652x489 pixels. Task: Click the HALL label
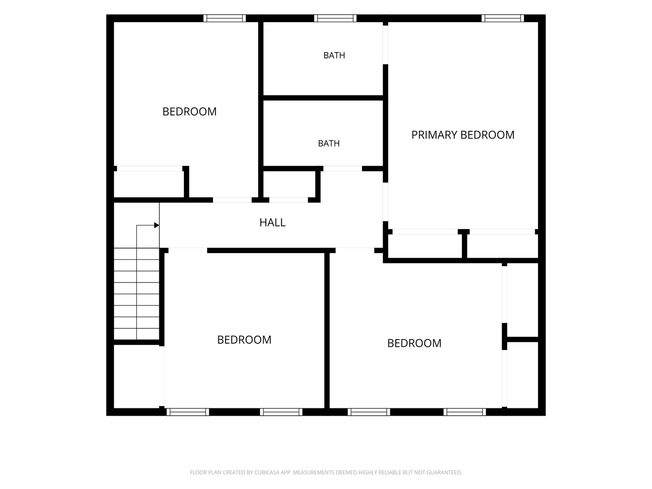(273, 222)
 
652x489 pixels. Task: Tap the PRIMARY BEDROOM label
(463, 135)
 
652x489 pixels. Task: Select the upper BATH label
(334, 56)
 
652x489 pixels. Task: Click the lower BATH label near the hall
(329, 144)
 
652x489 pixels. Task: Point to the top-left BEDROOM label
(190, 112)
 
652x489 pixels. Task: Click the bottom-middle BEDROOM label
(244, 340)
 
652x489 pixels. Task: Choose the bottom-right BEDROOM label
(414, 343)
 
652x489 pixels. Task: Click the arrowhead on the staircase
(157, 225)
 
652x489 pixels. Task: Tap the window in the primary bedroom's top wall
(503, 19)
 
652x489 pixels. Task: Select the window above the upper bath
(336, 19)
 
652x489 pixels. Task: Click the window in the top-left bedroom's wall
(225, 19)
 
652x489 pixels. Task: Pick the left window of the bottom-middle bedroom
(188, 412)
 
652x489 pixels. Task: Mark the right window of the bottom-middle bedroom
(281, 412)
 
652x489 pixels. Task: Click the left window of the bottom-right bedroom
(369, 412)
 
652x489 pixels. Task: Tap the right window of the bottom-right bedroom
(465, 412)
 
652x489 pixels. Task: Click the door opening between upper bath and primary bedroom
(386, 45)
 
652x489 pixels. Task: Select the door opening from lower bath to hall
(342, 168)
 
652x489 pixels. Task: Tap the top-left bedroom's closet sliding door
(150, 168)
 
